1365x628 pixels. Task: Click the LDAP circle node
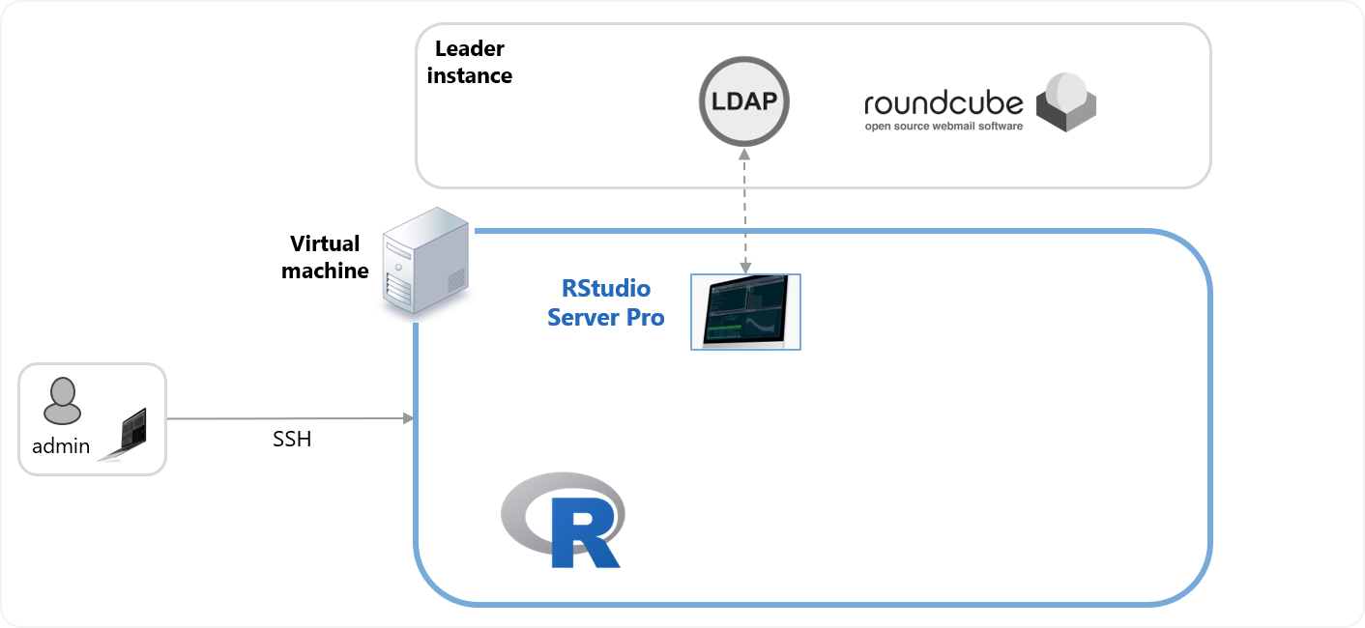point(743,101)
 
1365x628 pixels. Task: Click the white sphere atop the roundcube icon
point(1067,90)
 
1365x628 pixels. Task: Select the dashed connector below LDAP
point(743,208)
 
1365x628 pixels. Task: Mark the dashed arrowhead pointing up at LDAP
point(743,154)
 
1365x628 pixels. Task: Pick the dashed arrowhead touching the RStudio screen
point(744,267)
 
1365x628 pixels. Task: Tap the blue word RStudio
point(606,288)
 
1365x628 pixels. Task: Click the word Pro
point(645,317)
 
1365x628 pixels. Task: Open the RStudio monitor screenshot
point(745,311)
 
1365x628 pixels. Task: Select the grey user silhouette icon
point(62,401)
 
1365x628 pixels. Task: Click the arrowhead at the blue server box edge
point(409,418)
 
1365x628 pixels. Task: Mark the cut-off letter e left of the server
point(363,271)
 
